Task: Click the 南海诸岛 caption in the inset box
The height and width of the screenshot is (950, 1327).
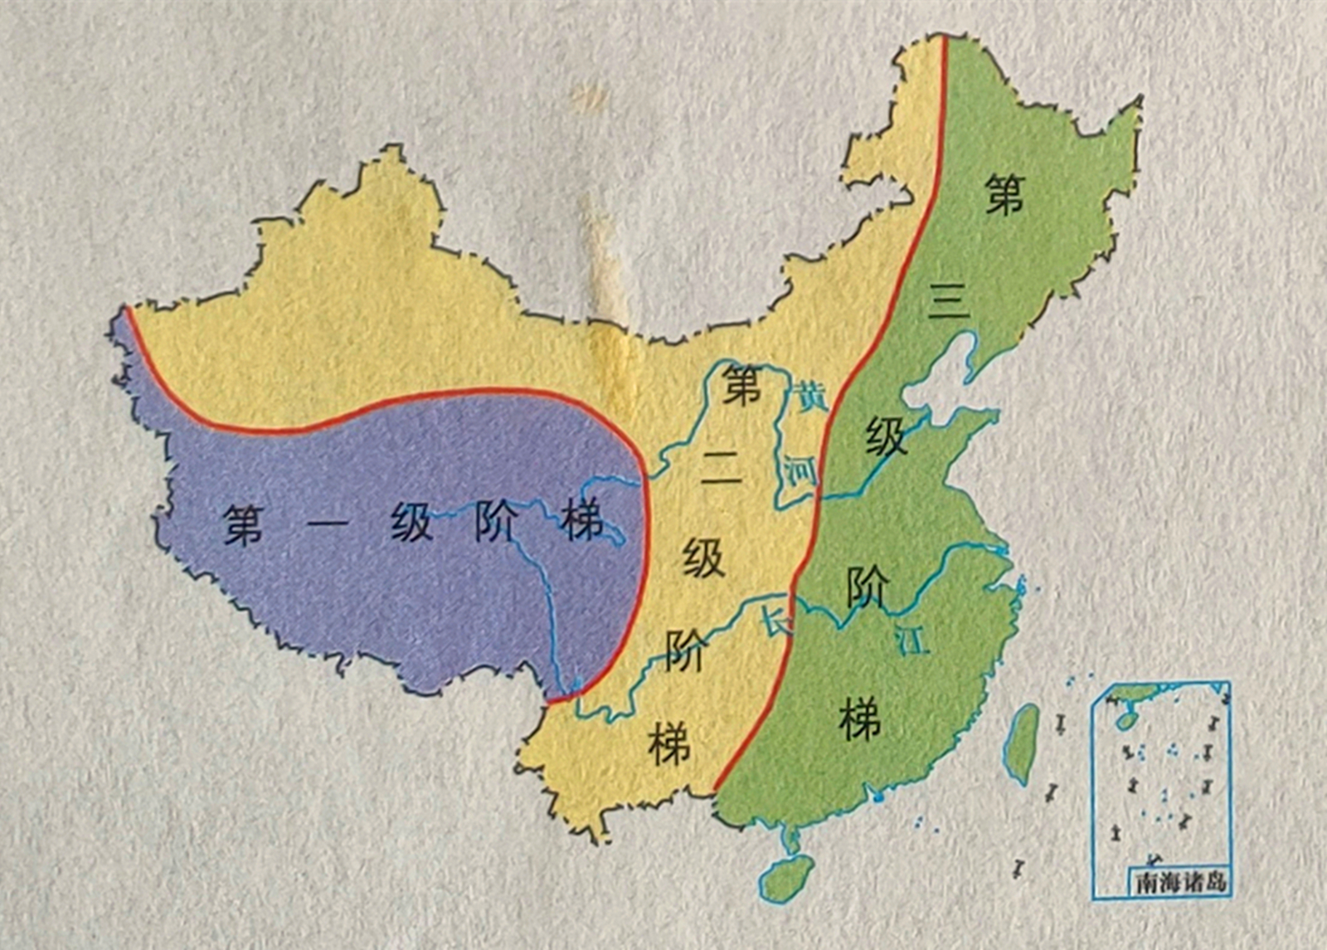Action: point(1180,881)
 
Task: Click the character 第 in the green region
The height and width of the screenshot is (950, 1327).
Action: point(1004,196)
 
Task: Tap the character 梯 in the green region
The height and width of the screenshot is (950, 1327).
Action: point(859,719)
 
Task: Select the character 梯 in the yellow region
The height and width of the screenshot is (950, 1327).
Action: point(669,743)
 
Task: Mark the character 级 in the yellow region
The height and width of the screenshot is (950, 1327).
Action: point(704,557)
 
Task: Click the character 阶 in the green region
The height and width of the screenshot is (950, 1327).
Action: point(868,588)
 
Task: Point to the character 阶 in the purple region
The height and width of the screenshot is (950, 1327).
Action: point(495,523)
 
